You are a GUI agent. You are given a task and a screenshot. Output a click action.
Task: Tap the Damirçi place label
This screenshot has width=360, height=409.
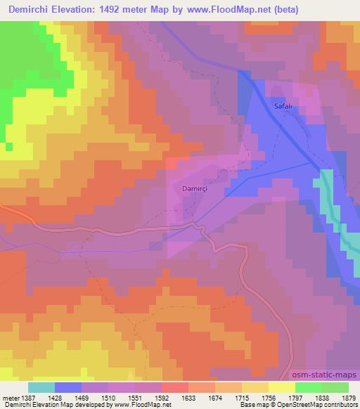tap(188, 188)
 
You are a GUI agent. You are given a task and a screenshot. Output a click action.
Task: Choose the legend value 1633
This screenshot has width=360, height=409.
tap(188, 398)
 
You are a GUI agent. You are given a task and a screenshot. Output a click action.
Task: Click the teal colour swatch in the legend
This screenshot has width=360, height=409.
tap(41, 387)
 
